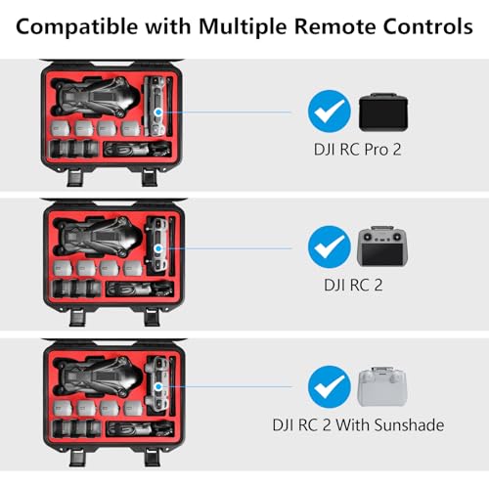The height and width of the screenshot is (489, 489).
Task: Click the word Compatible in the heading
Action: tap(77, 26)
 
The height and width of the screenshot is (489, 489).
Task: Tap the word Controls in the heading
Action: tap(427, 26)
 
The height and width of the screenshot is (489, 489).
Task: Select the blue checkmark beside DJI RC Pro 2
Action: tap(330, 111)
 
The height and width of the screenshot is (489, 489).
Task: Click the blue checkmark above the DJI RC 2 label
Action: tap(330, 246)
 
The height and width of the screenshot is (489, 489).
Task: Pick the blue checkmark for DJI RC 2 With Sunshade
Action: tap(330, 386)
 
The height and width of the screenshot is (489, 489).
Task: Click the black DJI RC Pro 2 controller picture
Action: tap(383, 112)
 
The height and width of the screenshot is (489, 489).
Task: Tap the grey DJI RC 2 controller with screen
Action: tap(382, 245)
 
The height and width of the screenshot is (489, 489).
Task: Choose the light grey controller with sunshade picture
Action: tap(382, 387)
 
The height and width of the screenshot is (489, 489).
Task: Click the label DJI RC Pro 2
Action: tap(357, 150)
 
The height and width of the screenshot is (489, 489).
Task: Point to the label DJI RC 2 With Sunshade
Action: tap(358, 425)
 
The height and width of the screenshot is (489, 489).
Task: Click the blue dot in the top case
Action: tap(158, 112)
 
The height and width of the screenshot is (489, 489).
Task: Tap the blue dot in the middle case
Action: tap(158, 248)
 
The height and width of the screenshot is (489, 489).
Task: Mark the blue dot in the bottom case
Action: tap(158, 387)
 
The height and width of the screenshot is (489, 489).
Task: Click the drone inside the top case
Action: tap(96, 97)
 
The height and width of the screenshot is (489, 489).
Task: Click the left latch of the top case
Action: tap(75, 177)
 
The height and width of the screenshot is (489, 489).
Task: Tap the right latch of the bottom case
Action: tap(152, 457)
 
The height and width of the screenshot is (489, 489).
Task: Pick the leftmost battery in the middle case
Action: tap(63, 268)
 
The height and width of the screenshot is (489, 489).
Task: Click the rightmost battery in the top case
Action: tap(131, 129)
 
